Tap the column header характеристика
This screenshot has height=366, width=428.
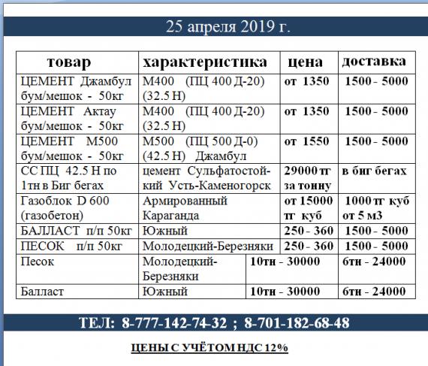pos(203,61)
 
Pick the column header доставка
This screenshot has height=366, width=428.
pos(374,61)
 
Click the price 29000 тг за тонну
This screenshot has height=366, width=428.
pos(308,178)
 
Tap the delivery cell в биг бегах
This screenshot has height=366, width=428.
pos(374,171)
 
